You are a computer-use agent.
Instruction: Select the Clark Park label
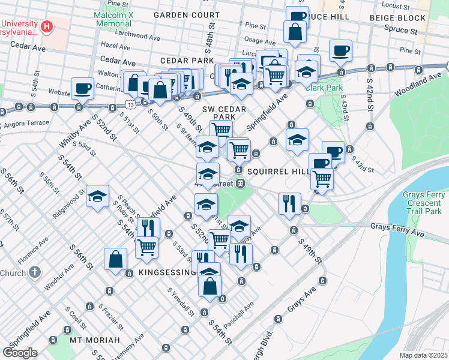point(324,87)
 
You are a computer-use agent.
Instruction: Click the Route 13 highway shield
point(130,104)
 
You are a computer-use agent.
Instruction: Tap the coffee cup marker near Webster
point(82,88)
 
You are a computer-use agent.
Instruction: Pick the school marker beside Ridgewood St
point(97,196)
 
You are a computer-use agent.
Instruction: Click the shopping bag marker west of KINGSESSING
point(115,260)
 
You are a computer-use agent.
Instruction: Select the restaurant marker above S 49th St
point(289,203)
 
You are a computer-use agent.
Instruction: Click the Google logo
point(20,352)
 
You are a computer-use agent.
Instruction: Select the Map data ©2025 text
point(424,355)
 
